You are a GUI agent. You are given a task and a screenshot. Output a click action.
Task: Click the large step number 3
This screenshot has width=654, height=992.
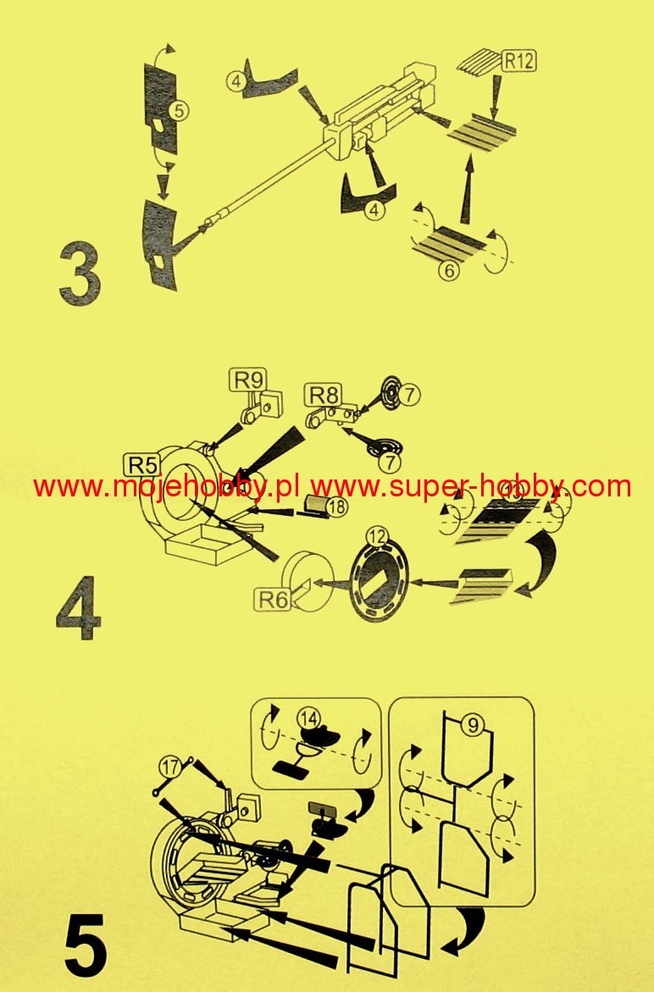80,275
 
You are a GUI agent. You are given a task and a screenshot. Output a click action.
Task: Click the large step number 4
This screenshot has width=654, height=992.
79,607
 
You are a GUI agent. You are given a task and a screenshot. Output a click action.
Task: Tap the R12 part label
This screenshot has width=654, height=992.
518,61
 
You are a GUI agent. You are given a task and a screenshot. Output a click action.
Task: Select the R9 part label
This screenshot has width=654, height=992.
248,380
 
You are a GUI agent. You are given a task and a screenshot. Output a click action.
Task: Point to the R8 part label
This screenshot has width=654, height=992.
324,396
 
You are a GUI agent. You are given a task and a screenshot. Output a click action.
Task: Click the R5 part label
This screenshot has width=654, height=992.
143,465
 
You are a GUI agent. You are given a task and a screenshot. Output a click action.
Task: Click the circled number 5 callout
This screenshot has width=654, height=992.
180,111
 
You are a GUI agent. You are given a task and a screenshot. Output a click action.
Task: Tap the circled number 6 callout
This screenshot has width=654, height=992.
449,271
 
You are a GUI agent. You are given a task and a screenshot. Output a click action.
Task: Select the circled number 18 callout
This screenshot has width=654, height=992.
337,506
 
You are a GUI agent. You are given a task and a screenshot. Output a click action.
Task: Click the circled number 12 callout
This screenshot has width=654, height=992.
377,536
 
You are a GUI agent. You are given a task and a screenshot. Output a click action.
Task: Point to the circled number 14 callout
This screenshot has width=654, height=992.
309,718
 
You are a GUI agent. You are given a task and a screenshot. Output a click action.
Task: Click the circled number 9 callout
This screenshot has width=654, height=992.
473,724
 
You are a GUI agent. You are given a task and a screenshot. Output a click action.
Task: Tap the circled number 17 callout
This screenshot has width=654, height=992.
169,767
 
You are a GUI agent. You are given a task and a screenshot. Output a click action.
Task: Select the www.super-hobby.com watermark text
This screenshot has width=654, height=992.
471,486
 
